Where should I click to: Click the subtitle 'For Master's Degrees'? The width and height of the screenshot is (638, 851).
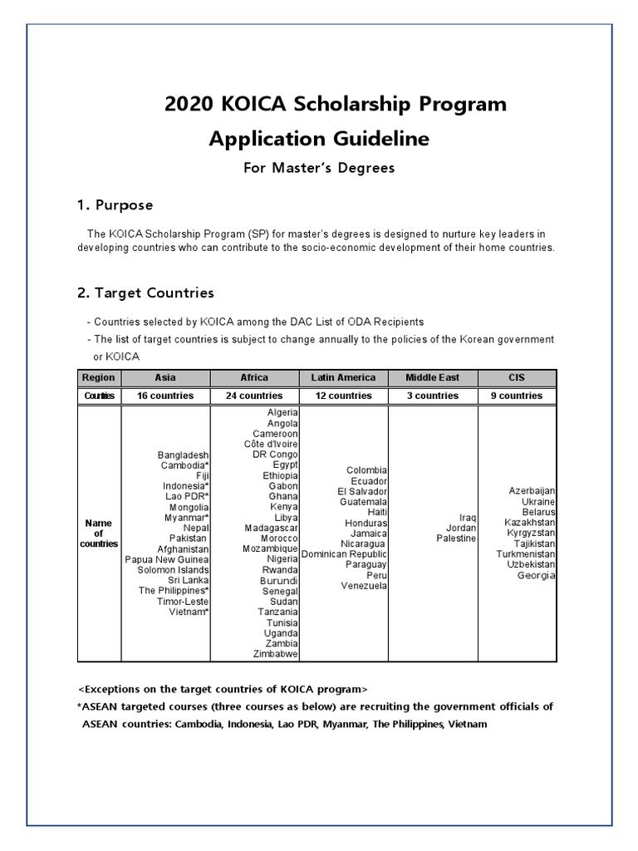coord(319,168)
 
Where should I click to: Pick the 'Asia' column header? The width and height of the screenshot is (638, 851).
coord(165,377)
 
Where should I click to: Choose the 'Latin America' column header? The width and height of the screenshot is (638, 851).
coord(343,377)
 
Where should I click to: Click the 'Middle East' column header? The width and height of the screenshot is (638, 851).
coord(432,377)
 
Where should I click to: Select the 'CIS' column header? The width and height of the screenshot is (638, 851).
coord(516,377)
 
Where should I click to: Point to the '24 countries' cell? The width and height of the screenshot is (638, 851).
coord(254,396)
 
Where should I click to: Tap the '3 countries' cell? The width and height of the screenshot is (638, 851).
coord(432,396)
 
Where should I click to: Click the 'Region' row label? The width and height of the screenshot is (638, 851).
coord(99,377)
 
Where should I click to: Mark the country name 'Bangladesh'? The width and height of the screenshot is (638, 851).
coord(183,455)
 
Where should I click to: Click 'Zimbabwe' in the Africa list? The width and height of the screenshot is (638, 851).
coord(276,654)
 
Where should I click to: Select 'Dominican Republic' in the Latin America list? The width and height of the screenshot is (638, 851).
coord(344,553)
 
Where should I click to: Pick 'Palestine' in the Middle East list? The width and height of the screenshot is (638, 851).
coord(456,539)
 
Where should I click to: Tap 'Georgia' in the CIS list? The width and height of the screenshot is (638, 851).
coord(536,575)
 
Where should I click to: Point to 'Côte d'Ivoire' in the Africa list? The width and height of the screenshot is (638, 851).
coord(271,444)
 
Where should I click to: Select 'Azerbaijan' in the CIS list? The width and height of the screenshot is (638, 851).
coord(532,491)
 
